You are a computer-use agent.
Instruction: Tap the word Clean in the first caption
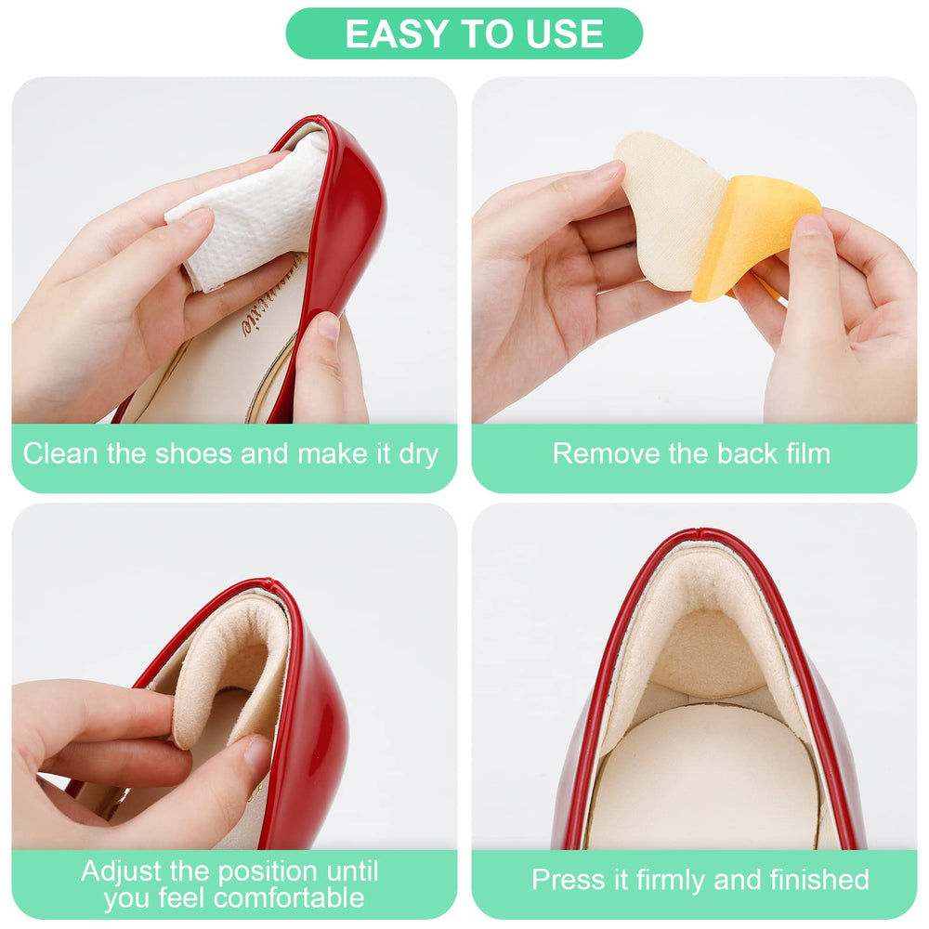pyautogui.click(x=59, y=454)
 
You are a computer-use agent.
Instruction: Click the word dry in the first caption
pyautogui.click(x=419, y=455)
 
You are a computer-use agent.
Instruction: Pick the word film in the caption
pyautogui.click(x=809, y=454)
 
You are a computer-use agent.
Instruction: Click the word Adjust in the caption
pyautogui.click(x=122, y=871)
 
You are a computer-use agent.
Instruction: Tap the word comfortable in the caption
pyautogui.click(x=289, y=898)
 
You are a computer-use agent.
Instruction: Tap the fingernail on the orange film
pyautogui.click(x=813, y=225)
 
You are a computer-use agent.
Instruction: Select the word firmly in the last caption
pyautogui.click(x=672, y=879)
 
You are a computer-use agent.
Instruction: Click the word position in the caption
pyautogui.click(x=261, y=872)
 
